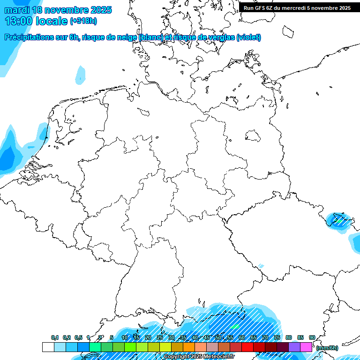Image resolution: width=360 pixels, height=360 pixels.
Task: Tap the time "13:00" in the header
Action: click(x=19, y=21)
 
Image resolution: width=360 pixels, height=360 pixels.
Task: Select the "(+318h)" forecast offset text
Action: click(x=83, y=21)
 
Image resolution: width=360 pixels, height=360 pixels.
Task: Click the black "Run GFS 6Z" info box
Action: click(x=297, y=7)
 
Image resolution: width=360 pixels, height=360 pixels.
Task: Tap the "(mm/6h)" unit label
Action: click(x=327, y=348)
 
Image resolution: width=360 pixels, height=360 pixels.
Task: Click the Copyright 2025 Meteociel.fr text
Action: click(x=198, y=357)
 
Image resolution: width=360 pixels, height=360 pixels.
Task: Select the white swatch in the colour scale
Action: click(x=48, y=347)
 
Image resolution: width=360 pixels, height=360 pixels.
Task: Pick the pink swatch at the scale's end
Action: click(x=306, y=347)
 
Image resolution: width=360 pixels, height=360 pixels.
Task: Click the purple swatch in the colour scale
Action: click(x=294, y=347)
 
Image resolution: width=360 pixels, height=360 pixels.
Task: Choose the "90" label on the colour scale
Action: click(x=312, y=337)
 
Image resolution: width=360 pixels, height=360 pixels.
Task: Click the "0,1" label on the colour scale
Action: click(x=55, y=337)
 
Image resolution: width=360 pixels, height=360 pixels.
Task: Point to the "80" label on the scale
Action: click(x=288, y=337)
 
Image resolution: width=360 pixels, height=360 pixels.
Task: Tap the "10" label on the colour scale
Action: click(x=124, y=337)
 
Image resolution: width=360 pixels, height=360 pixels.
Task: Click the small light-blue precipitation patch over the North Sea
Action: click(x=81, y=74)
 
